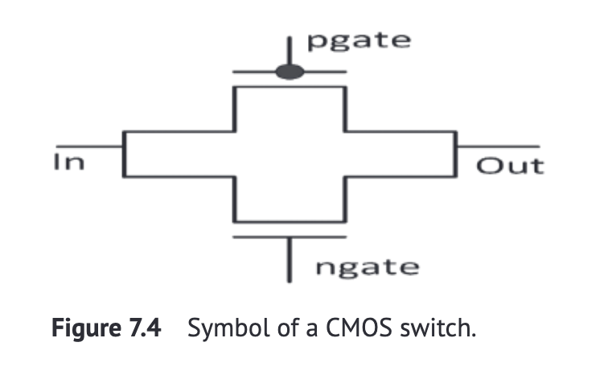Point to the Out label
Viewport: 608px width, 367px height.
pyautogui.click(x=510, y=167)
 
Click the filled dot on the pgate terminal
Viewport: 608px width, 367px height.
pyautogui.click(x=290, y=72)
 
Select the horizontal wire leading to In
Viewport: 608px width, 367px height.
pyautogui.click(x=88, y=146)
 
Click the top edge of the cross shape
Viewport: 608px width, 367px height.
pyautogui.click(x=290, y=86)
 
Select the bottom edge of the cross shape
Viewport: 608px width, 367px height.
pyautogui.click(x=290, y=221)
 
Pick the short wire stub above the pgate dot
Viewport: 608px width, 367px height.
pyautogui.click(x=290, y=50)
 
